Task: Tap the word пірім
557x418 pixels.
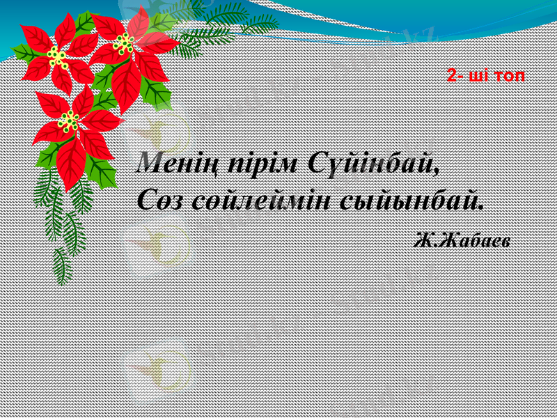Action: [262, 164]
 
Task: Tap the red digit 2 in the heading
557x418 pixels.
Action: [453, 75]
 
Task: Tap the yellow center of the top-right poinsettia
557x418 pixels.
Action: [124, 45]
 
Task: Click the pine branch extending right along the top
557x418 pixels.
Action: [230, 21]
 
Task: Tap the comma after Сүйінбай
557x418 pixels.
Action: [437, 171]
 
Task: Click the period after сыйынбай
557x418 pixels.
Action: [480, 208]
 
